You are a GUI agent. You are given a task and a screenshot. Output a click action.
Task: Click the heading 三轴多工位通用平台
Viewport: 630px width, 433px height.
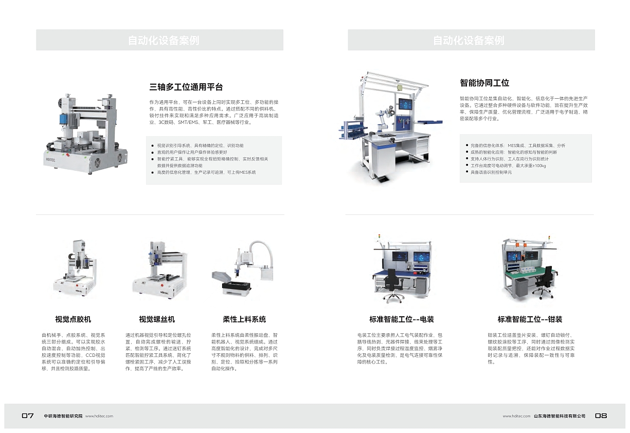point(186,87)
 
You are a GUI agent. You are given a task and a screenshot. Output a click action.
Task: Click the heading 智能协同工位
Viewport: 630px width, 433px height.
point(484,83)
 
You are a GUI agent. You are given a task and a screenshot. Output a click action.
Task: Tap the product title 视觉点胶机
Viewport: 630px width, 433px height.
point(73,319)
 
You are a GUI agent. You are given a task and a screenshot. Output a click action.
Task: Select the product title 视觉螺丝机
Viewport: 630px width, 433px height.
point(157,319)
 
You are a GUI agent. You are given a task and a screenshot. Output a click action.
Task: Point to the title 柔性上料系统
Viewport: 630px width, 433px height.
point(244,319)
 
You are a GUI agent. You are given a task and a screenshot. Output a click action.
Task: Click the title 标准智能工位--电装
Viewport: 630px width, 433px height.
point(401,319)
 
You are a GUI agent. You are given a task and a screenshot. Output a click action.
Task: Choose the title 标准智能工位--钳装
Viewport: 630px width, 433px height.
point(530,319)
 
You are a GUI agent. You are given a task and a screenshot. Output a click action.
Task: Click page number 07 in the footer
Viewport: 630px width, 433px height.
point(28,416)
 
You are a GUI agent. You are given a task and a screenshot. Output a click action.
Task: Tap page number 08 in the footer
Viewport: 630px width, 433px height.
point(601,416)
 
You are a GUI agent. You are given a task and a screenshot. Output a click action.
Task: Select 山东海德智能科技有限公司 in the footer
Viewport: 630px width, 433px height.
point(560,416)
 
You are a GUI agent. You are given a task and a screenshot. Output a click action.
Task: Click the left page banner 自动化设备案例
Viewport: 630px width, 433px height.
point(159,40)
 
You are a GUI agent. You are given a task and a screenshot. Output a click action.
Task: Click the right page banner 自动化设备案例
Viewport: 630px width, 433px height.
point(471,40)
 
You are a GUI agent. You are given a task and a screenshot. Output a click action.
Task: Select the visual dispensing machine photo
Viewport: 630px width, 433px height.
point(75,270)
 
